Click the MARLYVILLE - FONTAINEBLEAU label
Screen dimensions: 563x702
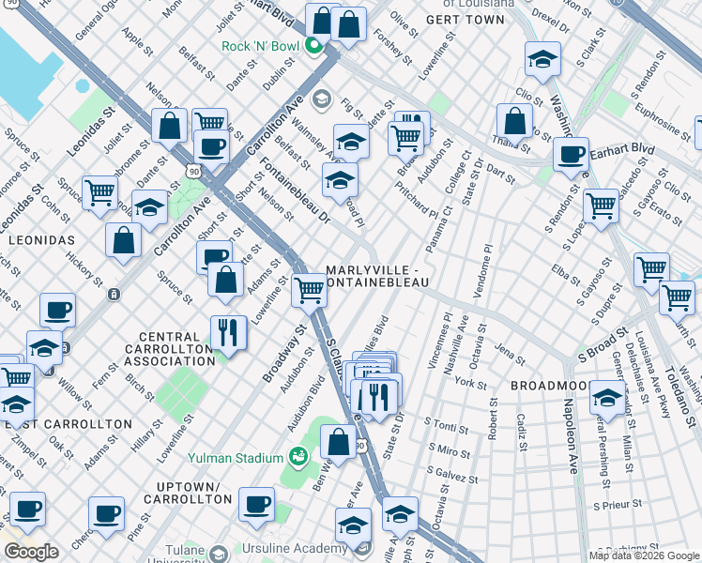378,277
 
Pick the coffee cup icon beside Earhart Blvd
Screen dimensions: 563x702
571,155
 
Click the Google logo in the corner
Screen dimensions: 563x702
31,552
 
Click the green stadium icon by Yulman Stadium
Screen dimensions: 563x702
298,457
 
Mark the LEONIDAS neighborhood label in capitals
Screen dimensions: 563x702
41,240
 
